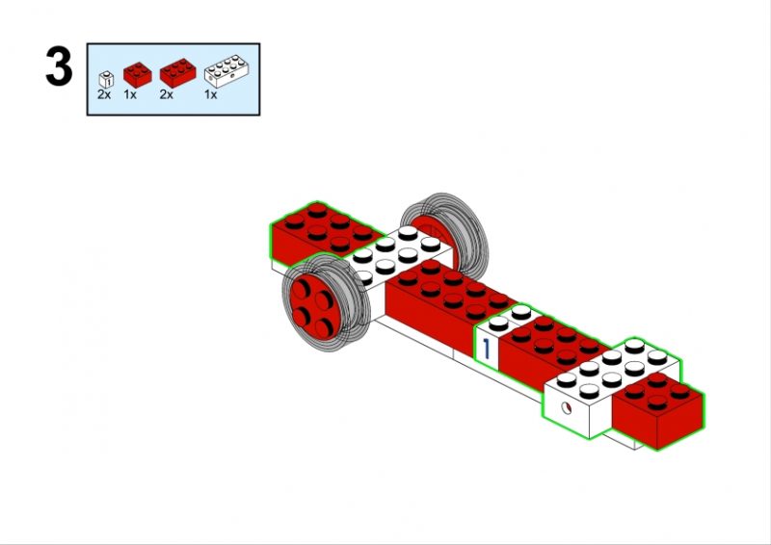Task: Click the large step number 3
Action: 59,66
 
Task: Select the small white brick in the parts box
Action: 106,80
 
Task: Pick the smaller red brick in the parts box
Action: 137,75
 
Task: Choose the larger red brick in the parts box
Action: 177,73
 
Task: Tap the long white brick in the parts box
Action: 226,71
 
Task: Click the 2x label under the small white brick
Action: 104,95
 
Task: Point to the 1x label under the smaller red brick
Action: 130,95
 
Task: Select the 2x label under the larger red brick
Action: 166,95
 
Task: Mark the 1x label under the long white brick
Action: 210,95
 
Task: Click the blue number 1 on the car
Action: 487,348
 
